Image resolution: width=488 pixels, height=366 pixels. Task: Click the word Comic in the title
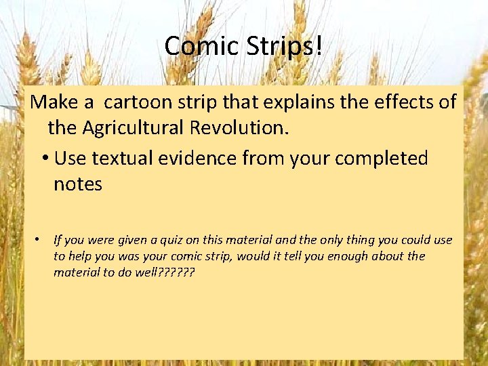pos(196,46)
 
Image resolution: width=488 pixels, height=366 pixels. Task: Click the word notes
pos(78,184)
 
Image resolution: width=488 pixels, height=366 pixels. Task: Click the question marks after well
pos(176,272)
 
